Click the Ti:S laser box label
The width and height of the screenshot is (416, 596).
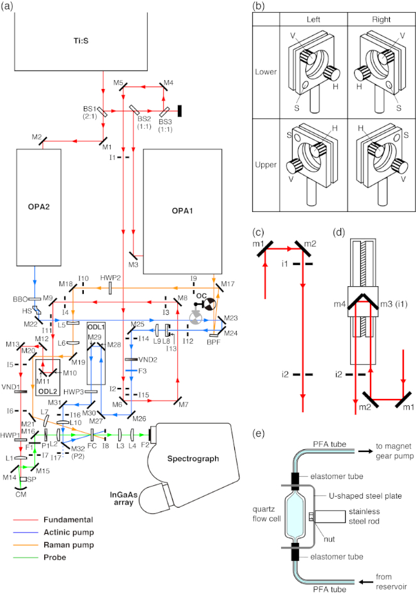81,40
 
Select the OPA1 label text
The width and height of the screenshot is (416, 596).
182,211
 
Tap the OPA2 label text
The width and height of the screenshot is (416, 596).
39,207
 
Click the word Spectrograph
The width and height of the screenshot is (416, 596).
193,458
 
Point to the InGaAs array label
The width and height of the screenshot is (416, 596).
124,498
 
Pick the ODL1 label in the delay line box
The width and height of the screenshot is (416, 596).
96,327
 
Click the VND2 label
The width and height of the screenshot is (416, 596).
148,360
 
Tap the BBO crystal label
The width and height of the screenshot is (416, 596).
20,299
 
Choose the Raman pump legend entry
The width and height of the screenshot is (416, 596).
68,545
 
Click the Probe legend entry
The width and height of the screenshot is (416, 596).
54,557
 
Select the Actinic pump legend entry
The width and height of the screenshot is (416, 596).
68,532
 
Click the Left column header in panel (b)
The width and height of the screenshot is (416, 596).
314,19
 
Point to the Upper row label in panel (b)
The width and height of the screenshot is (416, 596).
266,165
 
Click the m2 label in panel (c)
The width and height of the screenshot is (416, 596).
310,244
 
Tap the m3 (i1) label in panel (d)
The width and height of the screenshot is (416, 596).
394,303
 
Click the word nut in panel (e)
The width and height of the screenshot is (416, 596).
329,539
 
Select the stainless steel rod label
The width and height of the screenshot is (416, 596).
364,516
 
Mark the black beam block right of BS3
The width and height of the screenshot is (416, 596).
180,111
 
